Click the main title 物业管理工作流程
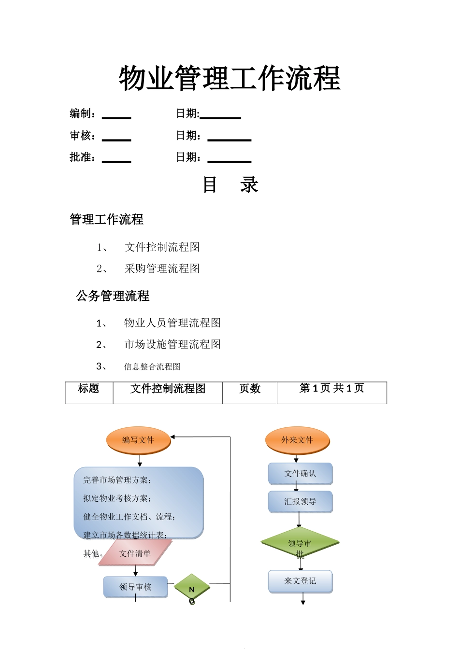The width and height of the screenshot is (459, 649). [229, 78]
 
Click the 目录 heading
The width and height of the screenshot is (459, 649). [230, 185]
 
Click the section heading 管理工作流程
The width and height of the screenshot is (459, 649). [106, 220]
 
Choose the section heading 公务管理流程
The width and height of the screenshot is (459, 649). [113, 296]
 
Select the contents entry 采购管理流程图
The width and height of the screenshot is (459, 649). [162, 269]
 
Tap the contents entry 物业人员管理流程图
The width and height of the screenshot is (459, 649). [172, 323]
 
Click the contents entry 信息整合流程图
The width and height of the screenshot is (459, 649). [152, 367]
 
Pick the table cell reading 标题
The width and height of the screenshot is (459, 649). [88, 389]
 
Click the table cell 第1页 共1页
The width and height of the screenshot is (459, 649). [331, 389]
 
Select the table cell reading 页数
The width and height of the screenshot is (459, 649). [249, 389]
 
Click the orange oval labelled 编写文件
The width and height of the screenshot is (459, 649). [138, 440]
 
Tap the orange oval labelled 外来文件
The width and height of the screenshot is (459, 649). [297, 440]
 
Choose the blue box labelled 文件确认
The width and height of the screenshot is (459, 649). [300, 474]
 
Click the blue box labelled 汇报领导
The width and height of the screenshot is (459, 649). [300, 502]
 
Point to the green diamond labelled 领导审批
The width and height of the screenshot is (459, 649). [300, 544]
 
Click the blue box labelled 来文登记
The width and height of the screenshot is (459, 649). [300, 581]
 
